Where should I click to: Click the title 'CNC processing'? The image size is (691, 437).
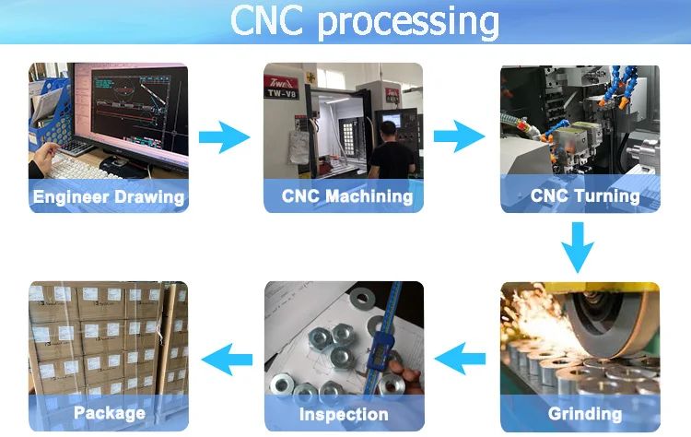click(x=365, y=20)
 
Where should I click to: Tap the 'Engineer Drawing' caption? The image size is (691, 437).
click(x=109, y=197)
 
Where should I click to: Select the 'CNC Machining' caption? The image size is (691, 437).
click(x=347, y=196)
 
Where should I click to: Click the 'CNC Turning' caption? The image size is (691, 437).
click(x=585, y=195)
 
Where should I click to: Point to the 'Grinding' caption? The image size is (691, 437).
click(x=585, y=414)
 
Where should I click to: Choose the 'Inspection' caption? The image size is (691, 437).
click(x=344, y=414)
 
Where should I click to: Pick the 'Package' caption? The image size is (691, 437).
click(x=110, y=413)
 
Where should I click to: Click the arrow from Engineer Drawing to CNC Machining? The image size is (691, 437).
click(x=224, y=137)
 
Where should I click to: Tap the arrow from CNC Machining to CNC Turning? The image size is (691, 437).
click(x=459, y=136)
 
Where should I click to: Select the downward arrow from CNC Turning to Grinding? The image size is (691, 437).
click(x=578, y=247)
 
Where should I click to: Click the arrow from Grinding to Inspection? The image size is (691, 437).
click(x=460, y=359)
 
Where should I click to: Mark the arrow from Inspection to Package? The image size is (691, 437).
click(x=227, y=360)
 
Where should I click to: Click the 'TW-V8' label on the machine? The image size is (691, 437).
click(x=282, y=93)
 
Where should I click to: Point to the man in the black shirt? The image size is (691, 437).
click(x=391, y=150)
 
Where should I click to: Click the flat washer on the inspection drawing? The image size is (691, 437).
click(x=362, y=299)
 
